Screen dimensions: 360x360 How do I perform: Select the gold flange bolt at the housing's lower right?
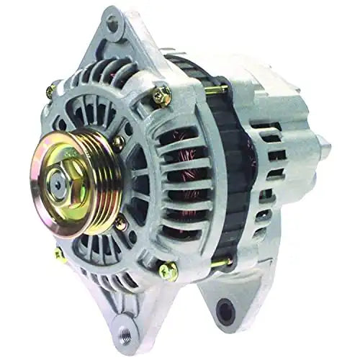point(168,271)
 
